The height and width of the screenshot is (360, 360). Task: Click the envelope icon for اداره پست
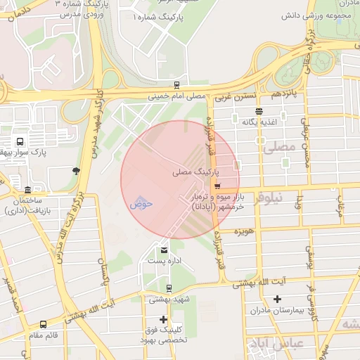point(165,250)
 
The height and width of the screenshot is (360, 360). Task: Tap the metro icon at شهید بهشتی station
point(169,288)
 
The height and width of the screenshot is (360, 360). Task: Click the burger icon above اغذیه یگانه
point(259,110)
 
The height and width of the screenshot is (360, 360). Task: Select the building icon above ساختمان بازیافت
point(27,190)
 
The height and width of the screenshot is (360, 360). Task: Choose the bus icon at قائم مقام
point(44,324)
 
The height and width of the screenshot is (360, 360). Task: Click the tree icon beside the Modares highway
point(76,170)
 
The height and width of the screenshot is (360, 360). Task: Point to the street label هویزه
point(244,231)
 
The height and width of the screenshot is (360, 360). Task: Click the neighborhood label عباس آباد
point(267,345)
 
